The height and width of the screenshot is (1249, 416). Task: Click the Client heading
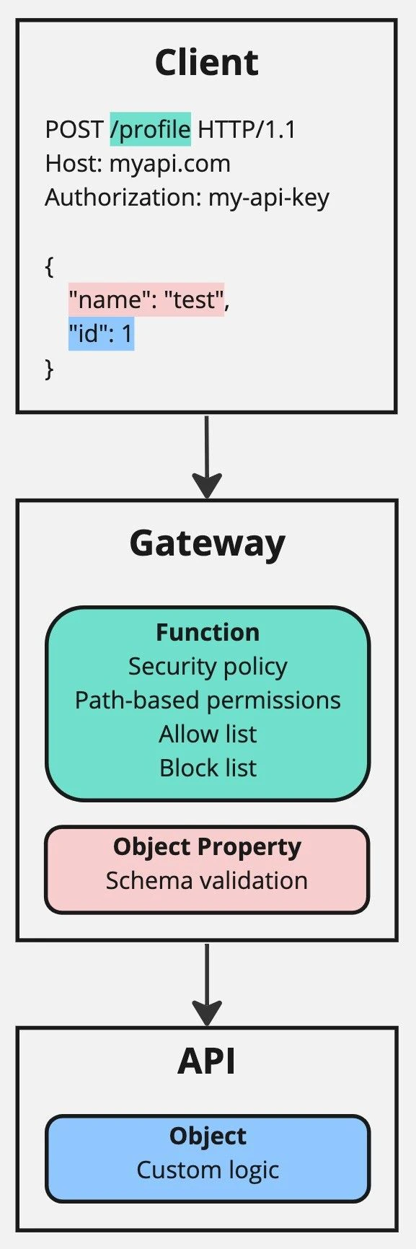click(x=207, y=63)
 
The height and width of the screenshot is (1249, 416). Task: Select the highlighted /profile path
click(x=150, y=130)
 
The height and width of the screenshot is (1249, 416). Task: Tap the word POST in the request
click(x=74, y=130)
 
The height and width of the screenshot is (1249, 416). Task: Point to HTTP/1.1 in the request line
click(x=247, y=130)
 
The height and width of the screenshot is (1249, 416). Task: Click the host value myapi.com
click(x=169, y=164)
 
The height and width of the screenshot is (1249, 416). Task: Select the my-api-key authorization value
click(x=268, y=198)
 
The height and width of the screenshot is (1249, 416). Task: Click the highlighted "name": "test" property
click(x=146, y=299)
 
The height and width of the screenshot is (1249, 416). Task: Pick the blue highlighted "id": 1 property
click(x=101, y=334)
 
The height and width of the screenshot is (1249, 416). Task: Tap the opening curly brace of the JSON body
click(x=49, y=266)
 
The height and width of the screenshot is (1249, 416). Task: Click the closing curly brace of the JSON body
click(x=49, y=369)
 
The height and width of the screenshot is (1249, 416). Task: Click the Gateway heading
click(x=207, y=543)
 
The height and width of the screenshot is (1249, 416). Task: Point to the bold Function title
click(x=208, y=632)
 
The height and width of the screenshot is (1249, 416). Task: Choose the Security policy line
click(x=208, y=666)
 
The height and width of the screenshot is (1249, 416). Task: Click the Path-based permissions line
click(x=208, y=700)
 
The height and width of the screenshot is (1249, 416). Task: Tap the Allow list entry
click(x=208, y=734)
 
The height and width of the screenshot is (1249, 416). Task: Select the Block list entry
click(x=208, y=768)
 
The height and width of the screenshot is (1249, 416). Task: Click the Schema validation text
click(x=207, y=880)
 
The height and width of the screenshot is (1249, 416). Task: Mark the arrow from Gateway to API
click(x=207, y=983)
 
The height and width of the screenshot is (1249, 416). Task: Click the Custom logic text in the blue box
click(x=208, y=1170)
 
